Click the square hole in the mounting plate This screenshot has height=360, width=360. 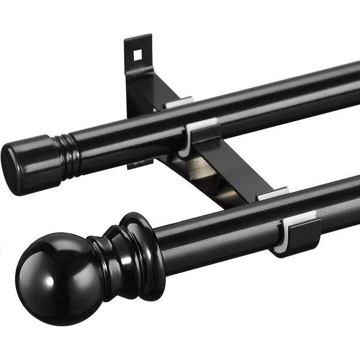coord(137,54)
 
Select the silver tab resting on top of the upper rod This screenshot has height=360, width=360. coord(179,103)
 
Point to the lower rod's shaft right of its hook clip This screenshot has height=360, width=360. coord(342,201)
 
